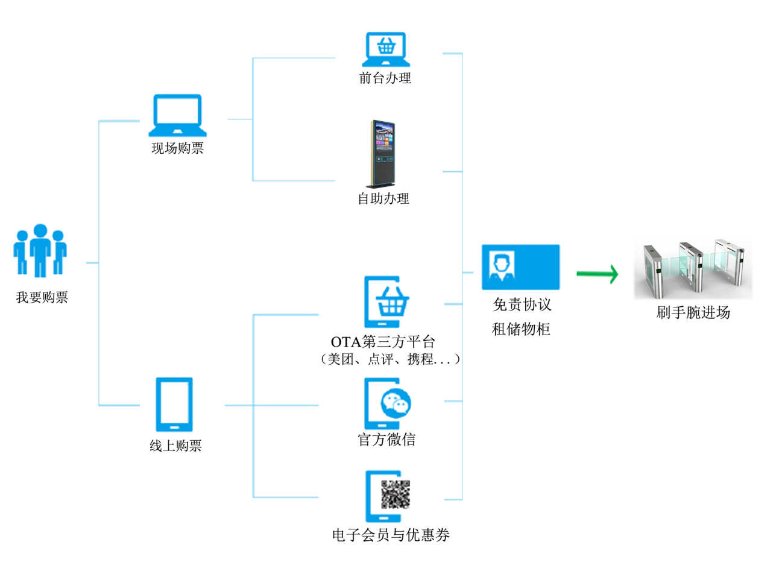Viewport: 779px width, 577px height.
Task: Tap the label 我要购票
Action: [42, 297]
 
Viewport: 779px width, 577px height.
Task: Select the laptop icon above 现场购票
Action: [177, 115]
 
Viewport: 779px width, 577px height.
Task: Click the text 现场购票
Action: [177, 148]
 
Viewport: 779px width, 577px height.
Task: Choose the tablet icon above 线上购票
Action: [174, 405]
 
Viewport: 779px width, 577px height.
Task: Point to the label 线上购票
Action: [175, 446]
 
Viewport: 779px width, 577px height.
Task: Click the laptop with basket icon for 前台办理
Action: [386, 49]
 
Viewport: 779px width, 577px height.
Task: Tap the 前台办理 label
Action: [385, 78]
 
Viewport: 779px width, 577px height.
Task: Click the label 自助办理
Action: [383, 199]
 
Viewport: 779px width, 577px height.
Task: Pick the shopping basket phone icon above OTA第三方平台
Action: [386, 302]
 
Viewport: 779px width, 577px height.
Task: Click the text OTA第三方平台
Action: [383, 342]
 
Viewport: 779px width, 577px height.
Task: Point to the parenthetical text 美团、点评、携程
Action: [389, 360]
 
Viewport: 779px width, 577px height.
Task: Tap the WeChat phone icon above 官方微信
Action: [387, 403]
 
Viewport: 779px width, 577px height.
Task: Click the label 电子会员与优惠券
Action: [391, 535]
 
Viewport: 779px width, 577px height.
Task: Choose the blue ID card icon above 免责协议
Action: [520, 267]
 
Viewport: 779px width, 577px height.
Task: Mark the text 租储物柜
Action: [521, 329]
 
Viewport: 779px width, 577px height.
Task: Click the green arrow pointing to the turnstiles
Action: [597, 274]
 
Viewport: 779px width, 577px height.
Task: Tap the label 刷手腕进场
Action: [693, 313]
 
